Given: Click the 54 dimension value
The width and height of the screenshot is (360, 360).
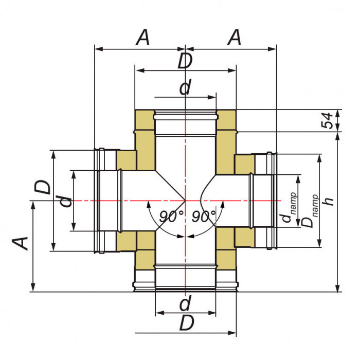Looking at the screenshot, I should coord(327,120).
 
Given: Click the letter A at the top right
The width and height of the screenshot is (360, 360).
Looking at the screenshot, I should coord(235,38).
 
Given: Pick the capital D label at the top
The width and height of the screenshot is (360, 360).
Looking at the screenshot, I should coord(185,61).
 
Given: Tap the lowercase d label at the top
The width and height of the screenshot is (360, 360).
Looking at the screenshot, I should coord(185,88).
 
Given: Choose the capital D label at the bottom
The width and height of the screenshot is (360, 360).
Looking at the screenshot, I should coord(187,323).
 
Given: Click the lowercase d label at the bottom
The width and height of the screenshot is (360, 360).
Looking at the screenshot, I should coord(185,304).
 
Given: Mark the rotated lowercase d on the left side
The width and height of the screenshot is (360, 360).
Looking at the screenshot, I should coord(65,200).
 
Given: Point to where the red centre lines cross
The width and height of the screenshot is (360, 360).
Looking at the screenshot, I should coord(185,200).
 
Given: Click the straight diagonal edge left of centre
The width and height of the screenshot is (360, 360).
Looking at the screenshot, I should coord(170,185).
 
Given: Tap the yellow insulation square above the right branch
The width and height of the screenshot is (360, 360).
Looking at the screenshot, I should coord(244,164).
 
